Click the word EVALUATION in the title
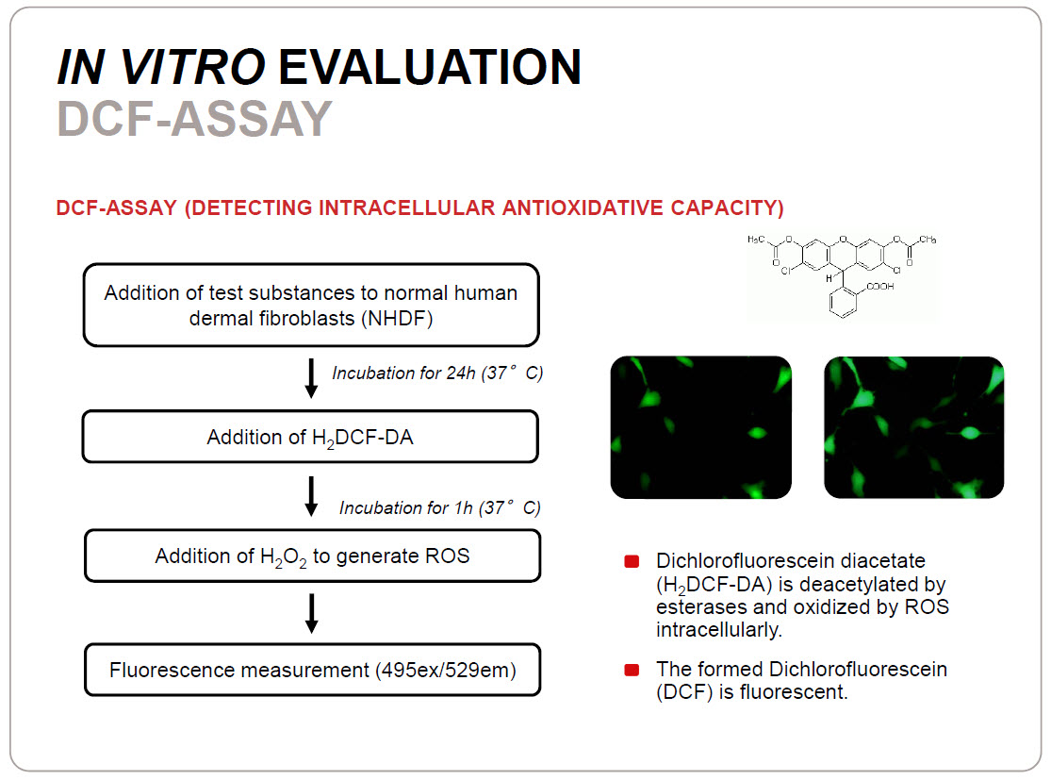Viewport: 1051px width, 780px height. click(430, 67)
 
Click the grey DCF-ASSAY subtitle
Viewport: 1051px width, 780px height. click(194, 119)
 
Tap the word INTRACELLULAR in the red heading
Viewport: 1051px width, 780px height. click(407, 207)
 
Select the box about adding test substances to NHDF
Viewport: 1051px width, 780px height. click(311, 306)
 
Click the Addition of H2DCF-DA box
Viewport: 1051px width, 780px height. click(310, 437)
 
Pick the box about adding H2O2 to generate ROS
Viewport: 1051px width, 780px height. click(312, 556)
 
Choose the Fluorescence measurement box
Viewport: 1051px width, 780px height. click(312, 670)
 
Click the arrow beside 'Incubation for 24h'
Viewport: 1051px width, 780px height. click(311, 378)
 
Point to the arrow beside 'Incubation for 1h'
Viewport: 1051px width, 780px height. click(311, 496)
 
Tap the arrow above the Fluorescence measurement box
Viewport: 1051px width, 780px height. click(312, 613)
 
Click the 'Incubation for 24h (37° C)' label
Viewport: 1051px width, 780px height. click(437, 373)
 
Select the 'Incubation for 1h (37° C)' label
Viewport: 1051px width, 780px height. click(439, 507)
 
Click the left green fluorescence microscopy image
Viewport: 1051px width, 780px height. click(701, 427)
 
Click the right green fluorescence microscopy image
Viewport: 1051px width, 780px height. click(914, 427)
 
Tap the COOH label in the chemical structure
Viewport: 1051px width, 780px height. click(880, 287)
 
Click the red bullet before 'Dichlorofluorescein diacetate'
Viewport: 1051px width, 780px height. click(632, 561)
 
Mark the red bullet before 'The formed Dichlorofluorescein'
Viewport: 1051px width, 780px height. click(632, 670)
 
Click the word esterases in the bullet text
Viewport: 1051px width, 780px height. click(701, 607)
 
